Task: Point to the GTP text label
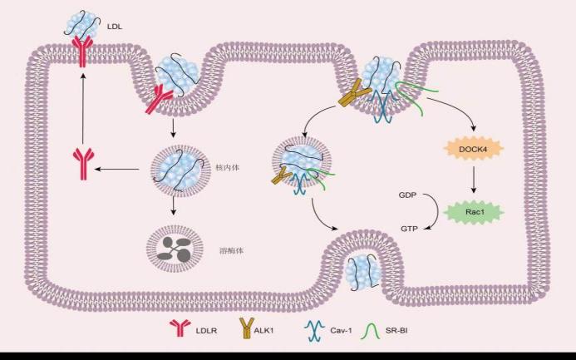pyautogui.click(x=408, y=227)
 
